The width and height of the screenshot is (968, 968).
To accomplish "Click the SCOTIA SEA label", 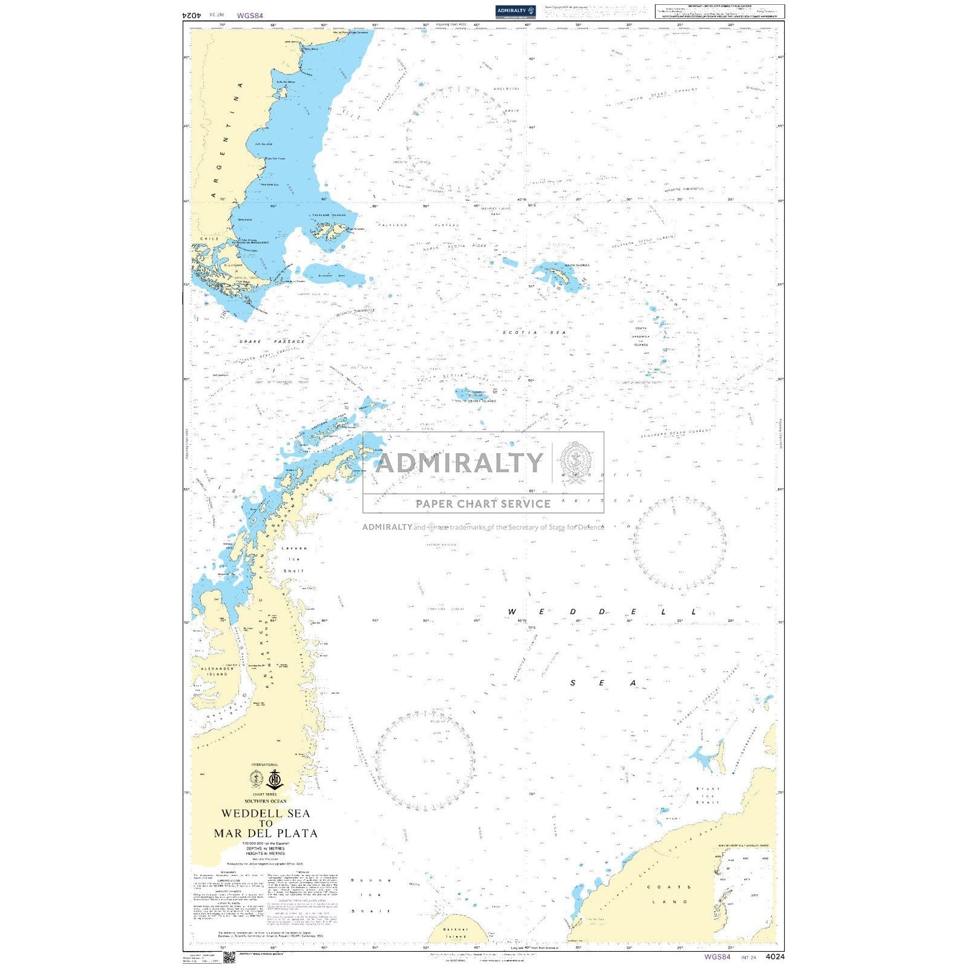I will point(534,333).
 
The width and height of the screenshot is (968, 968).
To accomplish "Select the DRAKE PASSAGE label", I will point(272,342).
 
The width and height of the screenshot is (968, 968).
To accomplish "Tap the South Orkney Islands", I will point(474,394).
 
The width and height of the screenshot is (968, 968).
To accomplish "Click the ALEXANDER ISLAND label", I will point(217,671).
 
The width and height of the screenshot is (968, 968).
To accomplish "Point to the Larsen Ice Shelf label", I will point(294,559).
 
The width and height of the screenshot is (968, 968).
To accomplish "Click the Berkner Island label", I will point(456,932).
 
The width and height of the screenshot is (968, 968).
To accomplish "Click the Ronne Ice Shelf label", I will point(371,895).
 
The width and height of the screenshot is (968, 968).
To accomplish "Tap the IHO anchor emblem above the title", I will point(275,779).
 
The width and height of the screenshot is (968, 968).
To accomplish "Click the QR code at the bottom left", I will point(229,957).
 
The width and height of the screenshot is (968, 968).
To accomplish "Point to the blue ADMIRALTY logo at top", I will point(515,11).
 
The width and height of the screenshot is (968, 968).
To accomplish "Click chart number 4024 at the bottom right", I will point(774,957).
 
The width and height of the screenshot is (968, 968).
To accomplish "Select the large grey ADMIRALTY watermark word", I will point(459,463).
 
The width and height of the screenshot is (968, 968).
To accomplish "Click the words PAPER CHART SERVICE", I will point(483,503).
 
